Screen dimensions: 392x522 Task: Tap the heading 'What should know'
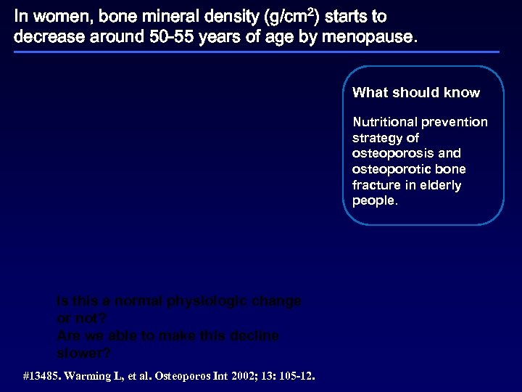pyautogui.click(x=416, y=92)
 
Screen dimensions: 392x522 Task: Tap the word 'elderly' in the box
pyautogui.click(x=440, y=185)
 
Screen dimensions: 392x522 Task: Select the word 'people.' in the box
pyautogui.click(x=375, y=201)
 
